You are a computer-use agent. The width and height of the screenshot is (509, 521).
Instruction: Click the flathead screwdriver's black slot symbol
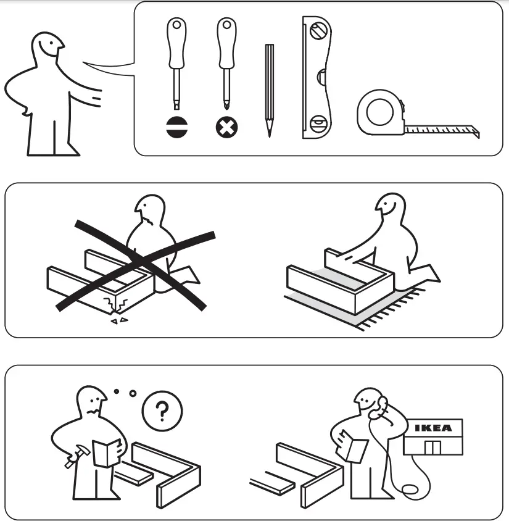(176, 128)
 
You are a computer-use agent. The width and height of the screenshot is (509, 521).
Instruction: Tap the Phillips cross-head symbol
(226, 128)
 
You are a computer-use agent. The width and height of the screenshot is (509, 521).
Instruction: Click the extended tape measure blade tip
(476, 132)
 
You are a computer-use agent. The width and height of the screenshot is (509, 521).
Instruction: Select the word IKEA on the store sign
(432, 428)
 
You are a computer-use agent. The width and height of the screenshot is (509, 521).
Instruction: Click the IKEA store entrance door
(434, 448)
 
